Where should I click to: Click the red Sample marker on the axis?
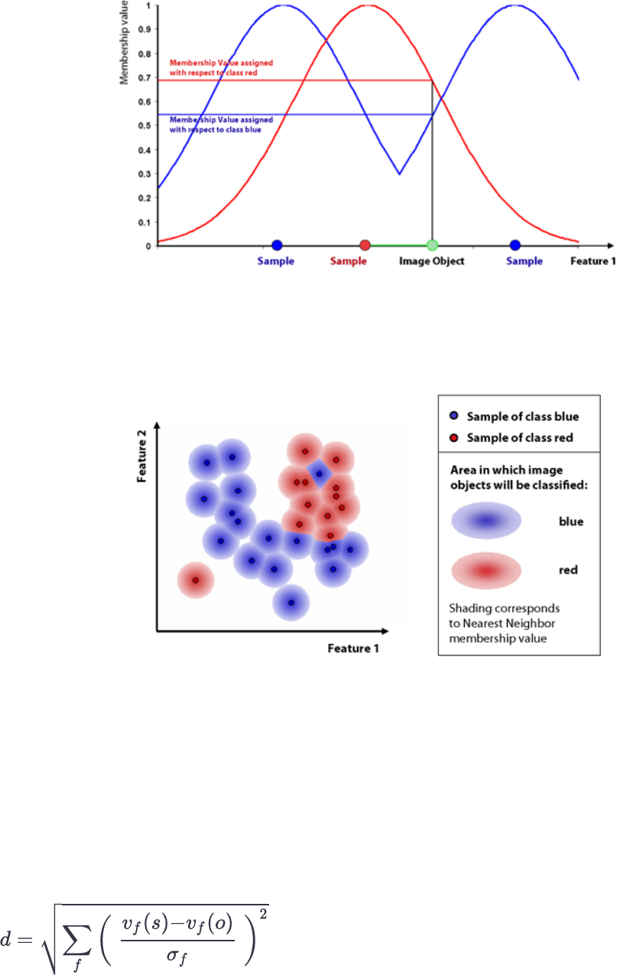pyautogui.click(x=365, y=245)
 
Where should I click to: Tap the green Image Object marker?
pyautogui.click(x=432, y=245)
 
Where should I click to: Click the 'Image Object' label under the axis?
pyautogui.click(x=432, y=262)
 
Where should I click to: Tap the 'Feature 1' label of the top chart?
pyautogui.click(x=593, y=262)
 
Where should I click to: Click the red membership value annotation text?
pyautogui.click(x=221, y=66)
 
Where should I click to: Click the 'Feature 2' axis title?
pyautogui.click(x=141, y=457)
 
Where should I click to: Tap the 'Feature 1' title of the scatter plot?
pyautogui.click(x=353, y=648)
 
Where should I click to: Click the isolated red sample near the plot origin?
pyautogui.click(x=195, y=580)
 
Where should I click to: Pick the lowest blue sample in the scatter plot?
pyautogui.click(x=291, y=603)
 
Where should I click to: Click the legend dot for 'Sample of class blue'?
pyautogui.click(x=454, y=417)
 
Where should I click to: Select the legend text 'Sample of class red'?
pyautogui.click(x=520, y=437)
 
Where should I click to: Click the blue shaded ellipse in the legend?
pyautogui.click(x=486, y=522)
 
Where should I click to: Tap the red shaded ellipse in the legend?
pyautogui.click(x=486, y=570)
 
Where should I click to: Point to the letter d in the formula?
pyautogui.click(x=6, y=936)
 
